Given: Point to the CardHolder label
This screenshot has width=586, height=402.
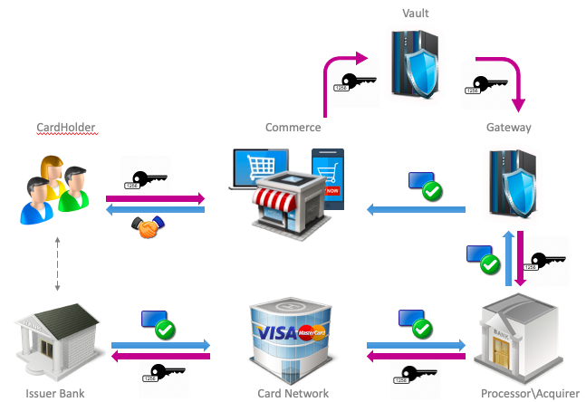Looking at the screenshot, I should coord(65,128).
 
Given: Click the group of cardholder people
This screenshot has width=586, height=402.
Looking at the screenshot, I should coord(55,190).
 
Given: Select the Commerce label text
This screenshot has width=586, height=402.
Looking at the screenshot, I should coord(293,128).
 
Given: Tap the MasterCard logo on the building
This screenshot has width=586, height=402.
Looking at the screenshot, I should coord(311,333).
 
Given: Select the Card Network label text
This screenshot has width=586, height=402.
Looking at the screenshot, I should coord(293,393).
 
